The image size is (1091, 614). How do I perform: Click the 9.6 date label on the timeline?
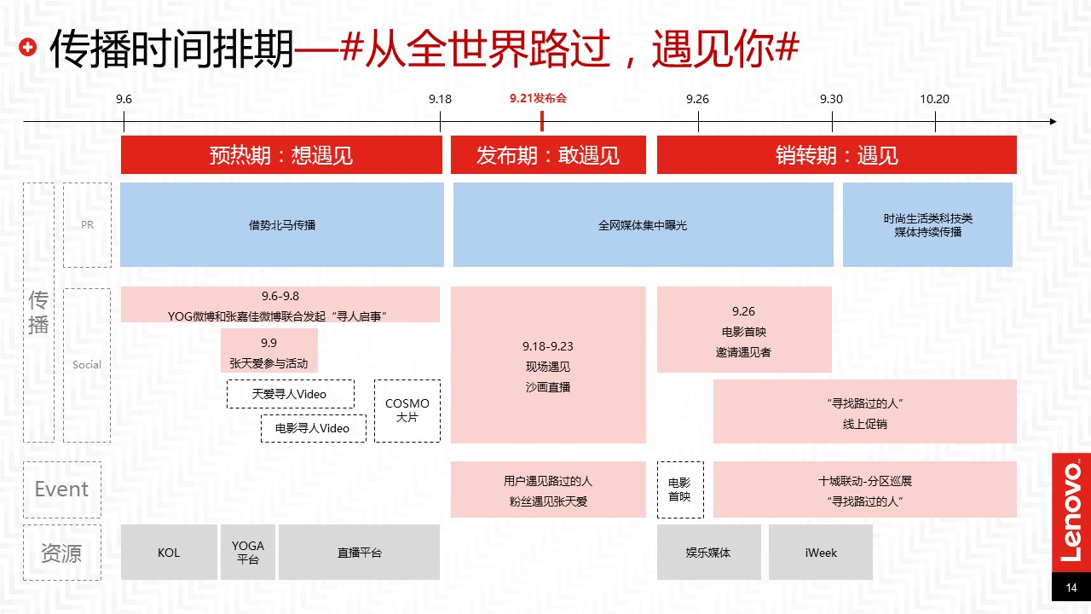pos(124,99)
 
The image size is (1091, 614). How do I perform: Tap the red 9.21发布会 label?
pos(538,98)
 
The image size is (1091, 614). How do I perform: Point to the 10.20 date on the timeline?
pos(934,99)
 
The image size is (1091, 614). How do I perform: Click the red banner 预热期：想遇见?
pos(281,155)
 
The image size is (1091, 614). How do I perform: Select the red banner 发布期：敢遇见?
pos(548,155)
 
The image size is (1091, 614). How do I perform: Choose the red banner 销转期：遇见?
pos(836,155)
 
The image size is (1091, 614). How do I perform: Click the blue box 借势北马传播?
pos(282,224)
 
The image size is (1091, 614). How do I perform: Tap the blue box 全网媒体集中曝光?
pos(643,224)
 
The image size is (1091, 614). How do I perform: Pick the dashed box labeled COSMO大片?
pos(407,411)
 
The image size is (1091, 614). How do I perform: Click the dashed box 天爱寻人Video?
pos(291,394)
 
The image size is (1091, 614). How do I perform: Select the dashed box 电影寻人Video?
pos(313,428)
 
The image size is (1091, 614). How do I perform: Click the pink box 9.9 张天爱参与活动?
pos(268,350)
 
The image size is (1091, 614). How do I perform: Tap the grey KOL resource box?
pos(169,552)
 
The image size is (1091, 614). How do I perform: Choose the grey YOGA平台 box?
pos(248,552)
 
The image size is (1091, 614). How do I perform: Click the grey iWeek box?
pos(820,552)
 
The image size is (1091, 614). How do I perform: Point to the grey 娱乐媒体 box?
pos(708,552)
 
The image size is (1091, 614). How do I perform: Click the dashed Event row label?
pos(62,489)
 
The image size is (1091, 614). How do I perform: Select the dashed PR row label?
pos(87,224)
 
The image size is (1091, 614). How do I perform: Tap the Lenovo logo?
pos(1071,513)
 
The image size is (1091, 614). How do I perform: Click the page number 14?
pos(1071,588)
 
